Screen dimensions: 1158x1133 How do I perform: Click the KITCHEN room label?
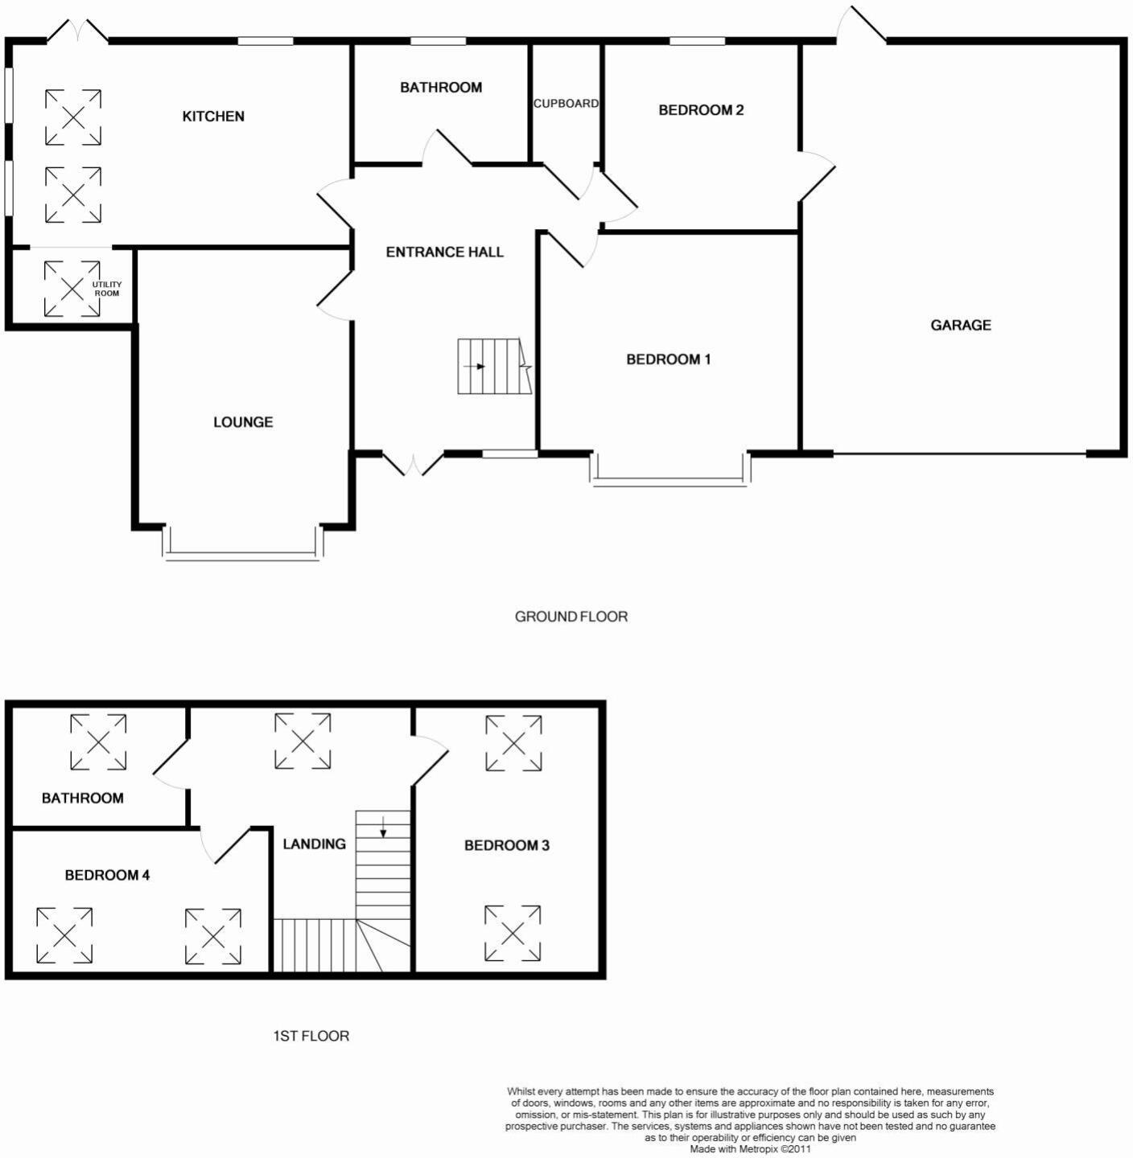tap(213, 117)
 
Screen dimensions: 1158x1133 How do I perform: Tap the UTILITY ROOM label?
tap(106, 289)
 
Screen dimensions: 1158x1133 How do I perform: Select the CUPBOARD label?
tap(566, 104)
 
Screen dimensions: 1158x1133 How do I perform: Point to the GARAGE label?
tap(961, 325)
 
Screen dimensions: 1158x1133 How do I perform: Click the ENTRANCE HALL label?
tap(444, 253)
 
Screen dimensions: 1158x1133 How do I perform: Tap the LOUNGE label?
tap(243, 422)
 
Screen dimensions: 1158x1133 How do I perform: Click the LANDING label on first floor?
tap(314, 844)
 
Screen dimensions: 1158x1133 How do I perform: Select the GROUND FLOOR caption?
tap(571, 617)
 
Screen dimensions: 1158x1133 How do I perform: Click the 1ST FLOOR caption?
tap(311, 1036)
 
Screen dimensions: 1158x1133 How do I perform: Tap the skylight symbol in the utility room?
tap(72, 289)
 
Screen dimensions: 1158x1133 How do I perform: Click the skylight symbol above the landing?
tap(303, 741)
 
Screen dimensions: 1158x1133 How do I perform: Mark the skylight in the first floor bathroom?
tap(98, 741)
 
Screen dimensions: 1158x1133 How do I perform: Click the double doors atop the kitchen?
tap(77, 31)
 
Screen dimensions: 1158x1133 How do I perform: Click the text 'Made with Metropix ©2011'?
tap(750, 1149)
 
